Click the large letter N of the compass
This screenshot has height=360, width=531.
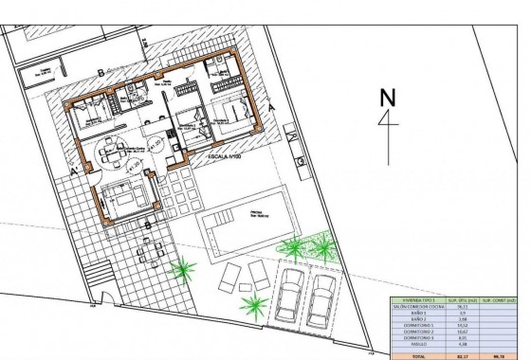(386, 97)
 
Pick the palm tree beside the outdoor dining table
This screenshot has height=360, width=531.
(179, 271)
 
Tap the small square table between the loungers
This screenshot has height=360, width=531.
(245, 276)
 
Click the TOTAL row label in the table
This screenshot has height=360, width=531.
(417, 354)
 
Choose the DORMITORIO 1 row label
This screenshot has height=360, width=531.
(417, 325)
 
